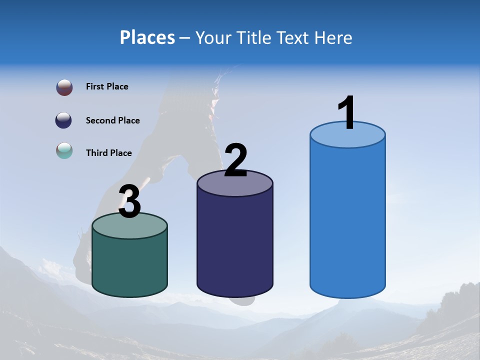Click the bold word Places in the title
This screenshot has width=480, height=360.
[147, 37]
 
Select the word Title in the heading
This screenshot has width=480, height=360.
[253, 37]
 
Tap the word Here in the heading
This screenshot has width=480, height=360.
[334, 37]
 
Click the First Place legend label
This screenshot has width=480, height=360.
[107, 86]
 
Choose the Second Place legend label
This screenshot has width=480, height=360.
[112, 120]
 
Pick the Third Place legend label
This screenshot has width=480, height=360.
[108, 153]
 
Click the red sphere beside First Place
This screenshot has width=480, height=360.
[64, 87]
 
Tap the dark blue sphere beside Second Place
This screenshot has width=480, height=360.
[64, 120]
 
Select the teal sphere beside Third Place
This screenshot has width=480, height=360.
[64, 150]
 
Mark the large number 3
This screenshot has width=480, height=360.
[129, 201]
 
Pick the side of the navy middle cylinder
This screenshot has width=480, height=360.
[235, 245]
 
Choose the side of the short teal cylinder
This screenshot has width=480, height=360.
[129, 265]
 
